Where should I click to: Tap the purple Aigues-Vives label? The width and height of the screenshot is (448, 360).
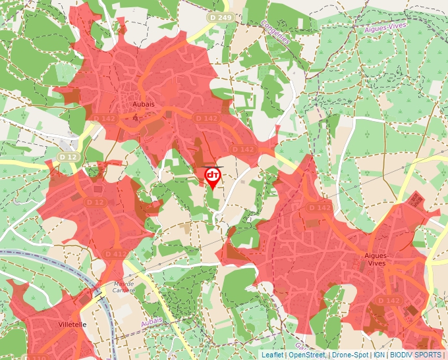[385, 27]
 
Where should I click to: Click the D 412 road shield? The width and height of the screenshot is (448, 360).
[115, 254]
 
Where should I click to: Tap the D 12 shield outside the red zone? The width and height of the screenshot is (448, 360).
[67, 157]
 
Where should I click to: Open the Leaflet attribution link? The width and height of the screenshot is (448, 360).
[272, 355]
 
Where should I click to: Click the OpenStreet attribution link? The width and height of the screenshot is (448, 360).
[308, 355]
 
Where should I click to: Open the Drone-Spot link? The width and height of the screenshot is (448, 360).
[350, 355]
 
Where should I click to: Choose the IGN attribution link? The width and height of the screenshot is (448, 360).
[379, 355]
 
